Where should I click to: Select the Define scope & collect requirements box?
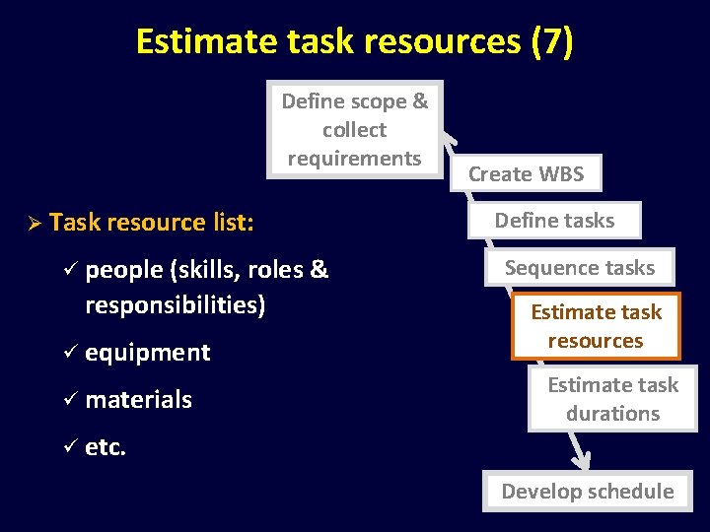[354, 129]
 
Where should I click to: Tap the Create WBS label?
[526, 174]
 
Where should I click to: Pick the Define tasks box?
[554, 221]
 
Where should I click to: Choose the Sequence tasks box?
[580, 267]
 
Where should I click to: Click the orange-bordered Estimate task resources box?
[596, 326]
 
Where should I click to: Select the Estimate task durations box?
[612, 399]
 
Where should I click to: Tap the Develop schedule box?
[588, 491]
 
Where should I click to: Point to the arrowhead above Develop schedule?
[582, 460]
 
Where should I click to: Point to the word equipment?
[148, 353]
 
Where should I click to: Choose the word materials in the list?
[139, 400]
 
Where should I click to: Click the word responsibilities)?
[176, 305]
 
